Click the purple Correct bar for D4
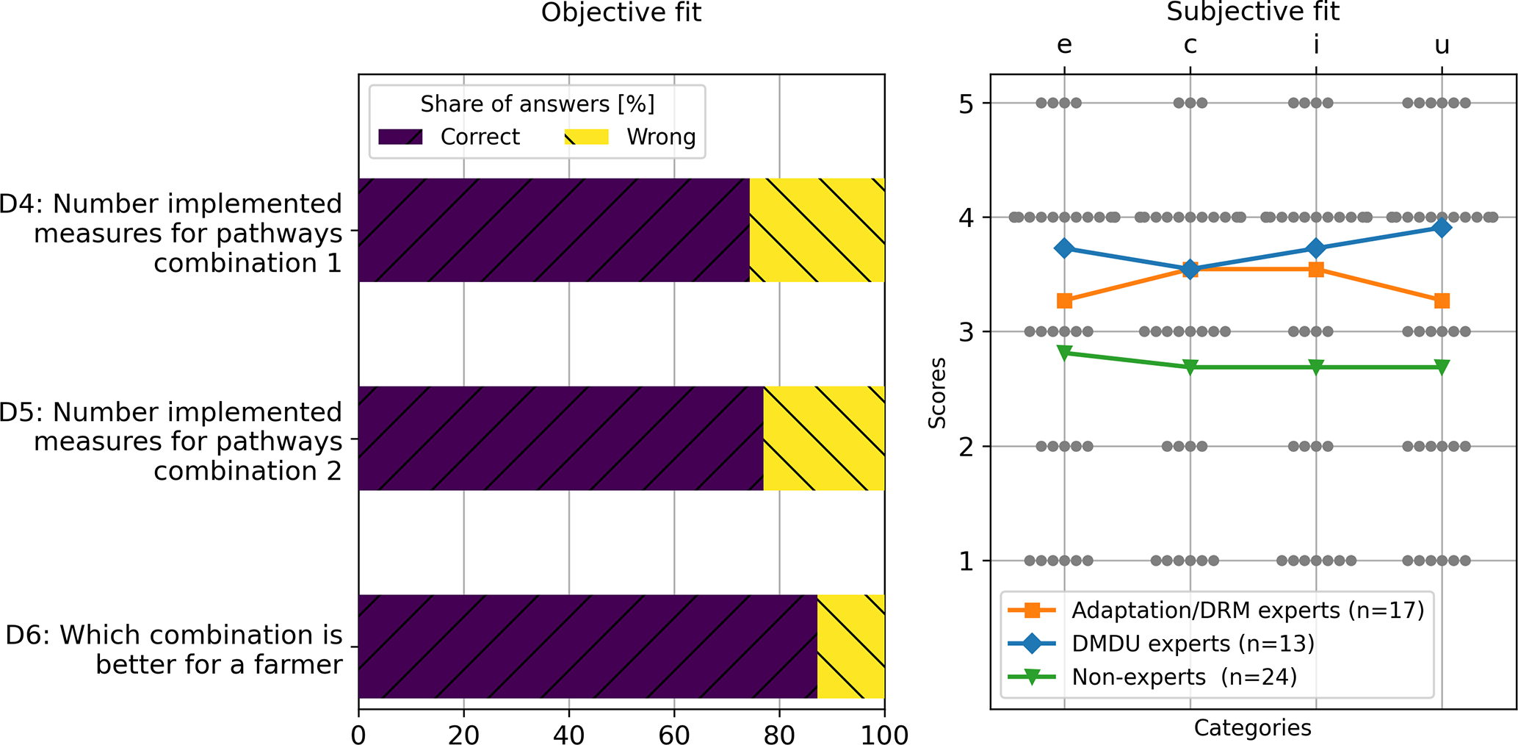point(554,230)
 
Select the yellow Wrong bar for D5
point(823,438)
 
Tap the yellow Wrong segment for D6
point(850,646)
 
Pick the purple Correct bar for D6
point(588,646)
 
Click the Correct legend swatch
point(400,137)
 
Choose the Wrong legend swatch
point(586,137)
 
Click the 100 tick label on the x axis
point(884,734)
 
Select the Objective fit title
point(621,12)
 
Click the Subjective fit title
point(1253,12)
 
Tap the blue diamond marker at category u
point(1442,228)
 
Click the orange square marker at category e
point(1064,300)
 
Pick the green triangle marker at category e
point(1064,353)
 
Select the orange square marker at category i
point(1316,270)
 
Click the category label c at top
point(1190,46)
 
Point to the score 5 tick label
point(966,104)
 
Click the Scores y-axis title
point(937,392)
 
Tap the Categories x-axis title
point(1252,728)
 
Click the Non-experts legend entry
point(1184,677)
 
